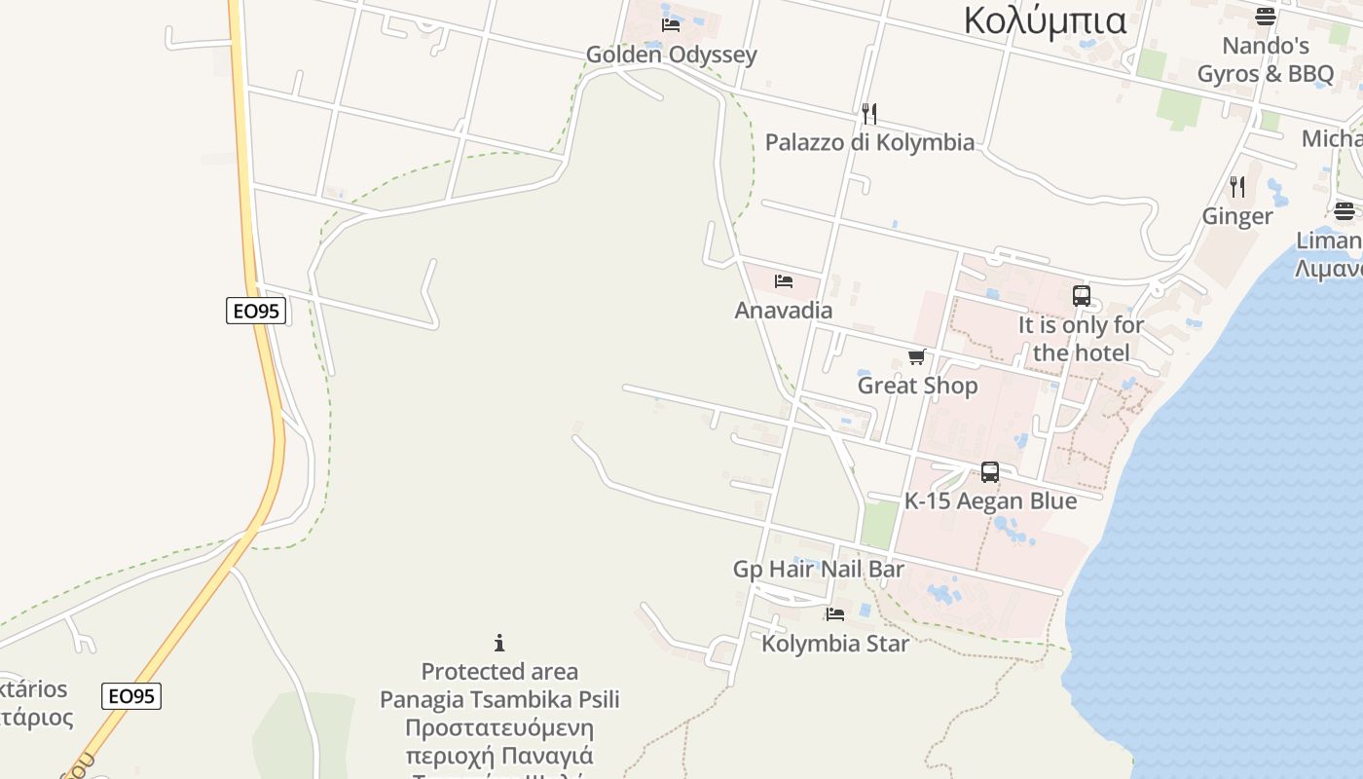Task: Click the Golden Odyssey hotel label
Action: (x=672, y=55)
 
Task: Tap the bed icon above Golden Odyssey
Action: (x=670, y=24)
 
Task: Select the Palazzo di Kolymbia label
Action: (x=869, y=142)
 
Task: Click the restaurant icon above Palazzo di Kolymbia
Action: (x=869, y=114)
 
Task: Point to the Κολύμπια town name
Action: (x=1045, y=20)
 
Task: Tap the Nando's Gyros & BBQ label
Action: (x=1265, y=59)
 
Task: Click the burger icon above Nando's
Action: (x=1265, y=16)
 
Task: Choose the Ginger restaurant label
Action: (x=1237, y=216)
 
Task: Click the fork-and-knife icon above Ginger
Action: (x=1237, y=186)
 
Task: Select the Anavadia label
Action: (x=784, y=311)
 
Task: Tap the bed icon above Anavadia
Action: (x=784, y=281)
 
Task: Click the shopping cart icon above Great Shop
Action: (x=916, y=357)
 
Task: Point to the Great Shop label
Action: (x=917, y=386)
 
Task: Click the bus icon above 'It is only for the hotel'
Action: (x=1081, y=296)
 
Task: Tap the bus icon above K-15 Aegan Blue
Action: (x=990, y=472)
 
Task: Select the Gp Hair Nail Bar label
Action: (x=819, y=569)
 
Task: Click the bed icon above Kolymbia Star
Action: (x=835, y=614)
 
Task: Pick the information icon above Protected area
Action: (x=499, y=643)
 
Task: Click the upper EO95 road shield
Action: (x=256, y=311)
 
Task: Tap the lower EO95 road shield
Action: (x=131, y=696)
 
